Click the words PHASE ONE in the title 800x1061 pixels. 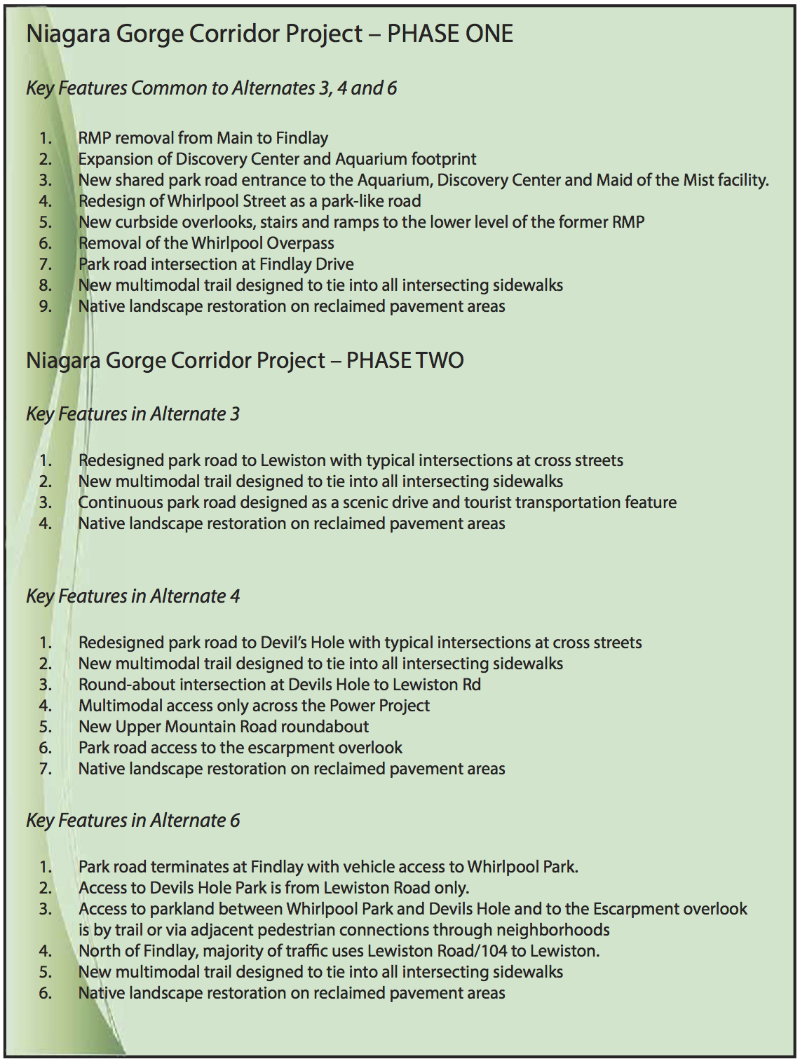coord(450,34)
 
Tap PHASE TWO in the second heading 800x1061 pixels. coord(405,360)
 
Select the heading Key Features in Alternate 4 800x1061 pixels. coord(133,596)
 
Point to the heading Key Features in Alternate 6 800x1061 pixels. coord(133,821)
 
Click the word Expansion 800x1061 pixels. coord(114,160)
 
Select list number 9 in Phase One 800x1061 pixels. coord(46,306)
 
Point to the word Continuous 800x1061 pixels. coord(121,502)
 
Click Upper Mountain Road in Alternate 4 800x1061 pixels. coord(198,727)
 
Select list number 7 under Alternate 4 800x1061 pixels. coord(46,769)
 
